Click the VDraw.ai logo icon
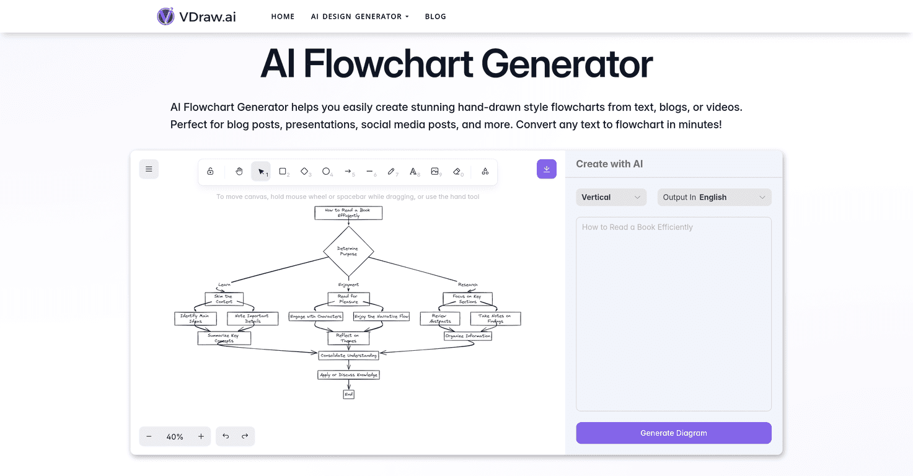[165, 16]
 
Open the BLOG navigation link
[435, 17]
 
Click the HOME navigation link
[283, 17]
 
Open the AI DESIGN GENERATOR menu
[359, 17]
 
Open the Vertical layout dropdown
[611, 197]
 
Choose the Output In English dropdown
[714, 197]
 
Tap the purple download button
[547, 169]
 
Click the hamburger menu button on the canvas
[149, 169]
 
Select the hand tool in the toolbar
[239, 172]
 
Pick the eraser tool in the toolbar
[457, 172]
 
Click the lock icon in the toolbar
[210, 172]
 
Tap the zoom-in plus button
[201, 436]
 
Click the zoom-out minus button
[149, 436]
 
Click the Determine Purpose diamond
[348, 251]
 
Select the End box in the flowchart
[348, 394]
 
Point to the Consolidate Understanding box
[348, 355]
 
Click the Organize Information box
[468, 336]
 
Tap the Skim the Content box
[224, 299]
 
